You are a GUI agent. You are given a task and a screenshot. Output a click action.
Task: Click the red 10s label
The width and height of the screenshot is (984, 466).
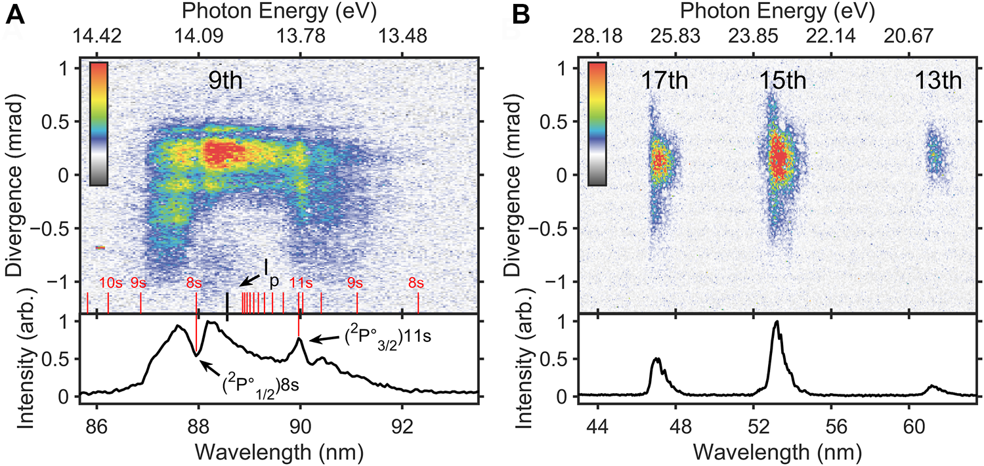[x=110, y=283]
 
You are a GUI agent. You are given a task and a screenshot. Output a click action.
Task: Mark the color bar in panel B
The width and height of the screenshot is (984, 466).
[x=597, y=124]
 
